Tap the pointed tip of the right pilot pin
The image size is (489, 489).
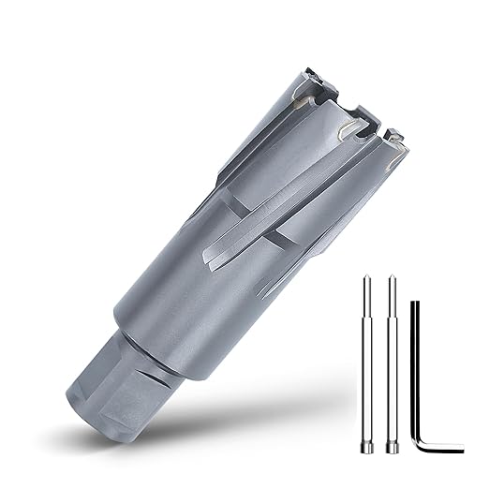coord(388,278)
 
